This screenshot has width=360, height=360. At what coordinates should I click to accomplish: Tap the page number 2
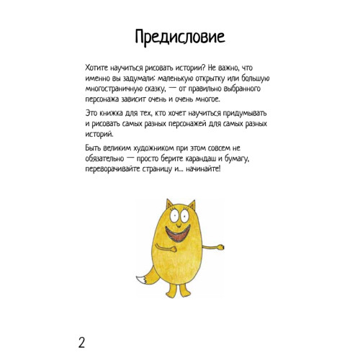[x=81, y=341]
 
